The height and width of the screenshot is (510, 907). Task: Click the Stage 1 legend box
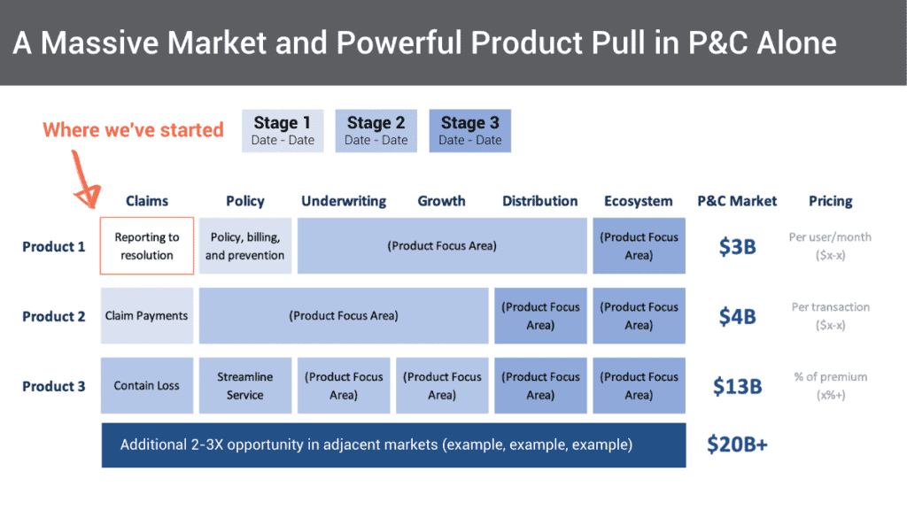pos(283,130)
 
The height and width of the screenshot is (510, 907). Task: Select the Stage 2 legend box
pos(376,130)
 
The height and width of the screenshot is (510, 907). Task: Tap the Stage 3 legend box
pos(469,130)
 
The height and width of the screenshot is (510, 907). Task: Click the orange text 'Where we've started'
pos(133,130)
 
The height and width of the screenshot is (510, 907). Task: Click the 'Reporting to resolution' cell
pos(147,246)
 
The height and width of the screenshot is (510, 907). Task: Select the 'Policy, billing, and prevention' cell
pos(245,246)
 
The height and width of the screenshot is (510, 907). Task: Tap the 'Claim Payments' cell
pos(147,316)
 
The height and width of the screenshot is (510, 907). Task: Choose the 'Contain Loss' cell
pos(147,386)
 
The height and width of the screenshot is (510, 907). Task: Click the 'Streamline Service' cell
pos(245,386)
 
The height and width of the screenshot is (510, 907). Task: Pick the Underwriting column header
pos(344,201)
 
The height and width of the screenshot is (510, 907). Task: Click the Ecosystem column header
pos(639,201)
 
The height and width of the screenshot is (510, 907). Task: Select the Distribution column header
pos(539,201)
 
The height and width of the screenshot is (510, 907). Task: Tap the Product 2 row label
pos(54,316)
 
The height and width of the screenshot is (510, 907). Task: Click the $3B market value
pos(737,246)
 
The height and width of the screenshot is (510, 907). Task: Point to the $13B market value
pos(737,386)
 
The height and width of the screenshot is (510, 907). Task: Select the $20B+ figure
pos(737,444)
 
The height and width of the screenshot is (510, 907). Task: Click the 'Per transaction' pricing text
pos(830,307)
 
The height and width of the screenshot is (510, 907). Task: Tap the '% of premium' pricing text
pos(830,377)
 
